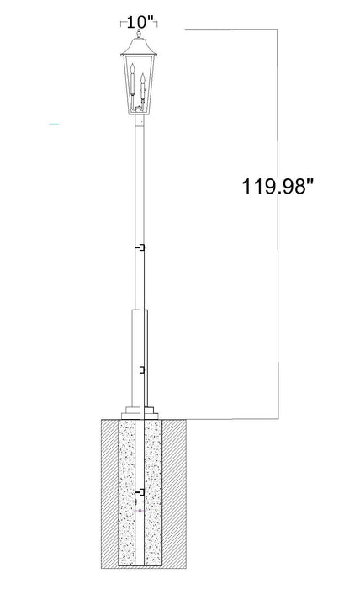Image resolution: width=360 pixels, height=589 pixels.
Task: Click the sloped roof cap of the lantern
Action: click(140, 48)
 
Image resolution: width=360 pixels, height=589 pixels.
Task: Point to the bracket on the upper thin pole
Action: click(144, 248)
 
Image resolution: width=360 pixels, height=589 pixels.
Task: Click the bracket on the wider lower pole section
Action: click(144, 369)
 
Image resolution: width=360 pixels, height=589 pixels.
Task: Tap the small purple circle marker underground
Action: click(141, 510)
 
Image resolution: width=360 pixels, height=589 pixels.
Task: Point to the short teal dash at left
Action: click(55, 125)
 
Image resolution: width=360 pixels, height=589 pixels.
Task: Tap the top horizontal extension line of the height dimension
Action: click(231, 30)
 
